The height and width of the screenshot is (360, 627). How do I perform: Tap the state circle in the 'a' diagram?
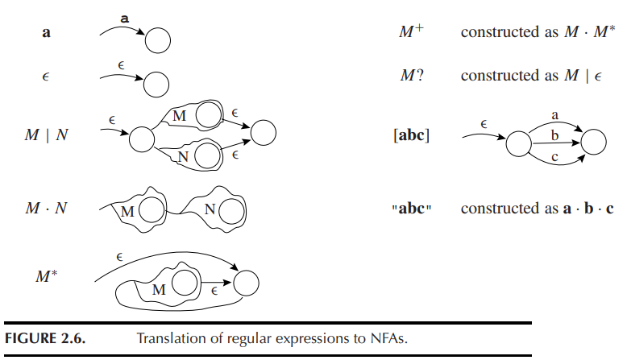point(157,40)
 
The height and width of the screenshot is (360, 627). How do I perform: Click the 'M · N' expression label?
point(46,208)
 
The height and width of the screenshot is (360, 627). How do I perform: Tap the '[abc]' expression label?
point(411,135)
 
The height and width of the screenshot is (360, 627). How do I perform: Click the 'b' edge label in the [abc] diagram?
point(554,134)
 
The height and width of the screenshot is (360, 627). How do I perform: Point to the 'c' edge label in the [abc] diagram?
point(554,157)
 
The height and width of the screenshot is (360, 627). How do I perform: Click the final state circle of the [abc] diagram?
point(593,143)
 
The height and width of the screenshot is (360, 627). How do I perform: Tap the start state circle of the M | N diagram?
point(141,139)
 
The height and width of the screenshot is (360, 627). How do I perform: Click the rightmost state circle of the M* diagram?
point(245,283)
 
